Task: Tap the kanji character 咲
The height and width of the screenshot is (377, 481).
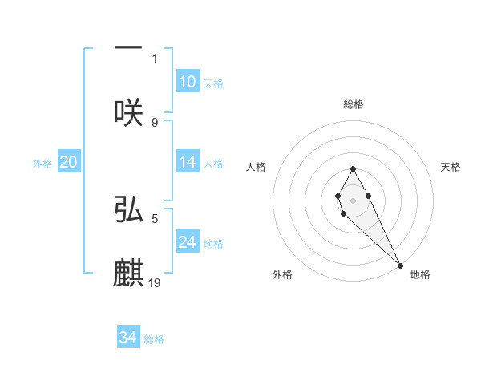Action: pyautogui.click(x=128, y=112)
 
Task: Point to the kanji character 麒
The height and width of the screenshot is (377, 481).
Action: pyautogui.click(x=128, y=274)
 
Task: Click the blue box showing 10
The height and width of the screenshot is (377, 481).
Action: pyautogui.click(x=187, y=82)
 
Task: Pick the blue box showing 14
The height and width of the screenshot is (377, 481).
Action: pyautogui.click(x=187, y=162)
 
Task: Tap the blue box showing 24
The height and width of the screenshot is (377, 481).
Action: pyautogui.click(x=187, y=242)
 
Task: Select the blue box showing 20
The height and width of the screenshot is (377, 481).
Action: pyautogui.click(x=68, y=162)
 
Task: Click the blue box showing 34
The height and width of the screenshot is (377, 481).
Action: pyautogui.click(x=127, y=338)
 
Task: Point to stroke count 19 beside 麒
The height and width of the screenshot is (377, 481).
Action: pyautogui.click(x=156, y=282)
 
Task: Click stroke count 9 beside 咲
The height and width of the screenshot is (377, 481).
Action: pyautogui.click(x=155, y=122)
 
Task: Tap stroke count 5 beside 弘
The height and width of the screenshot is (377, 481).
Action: pyautogui.click(x=155, y=217)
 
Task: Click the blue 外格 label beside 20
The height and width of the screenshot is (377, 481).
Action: pyautogui.click(x=42, y=163)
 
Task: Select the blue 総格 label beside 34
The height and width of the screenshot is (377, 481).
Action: pyautogui.click(x=154, y=339)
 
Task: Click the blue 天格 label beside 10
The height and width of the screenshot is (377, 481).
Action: pyautogui.click(x=213, y=83)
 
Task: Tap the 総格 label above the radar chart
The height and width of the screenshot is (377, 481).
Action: pyautogui.click(x=353, y=104)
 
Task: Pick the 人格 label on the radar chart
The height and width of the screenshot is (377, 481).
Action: pyautogui.click(x=256, y=167)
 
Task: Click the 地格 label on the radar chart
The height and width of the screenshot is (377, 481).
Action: pyautogui.click(x=420, y=274)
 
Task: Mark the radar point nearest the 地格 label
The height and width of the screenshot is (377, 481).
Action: pyautogui.click(x=400, y=265)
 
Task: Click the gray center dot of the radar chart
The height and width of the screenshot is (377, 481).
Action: pyautogui.click(x=353, y=199)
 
